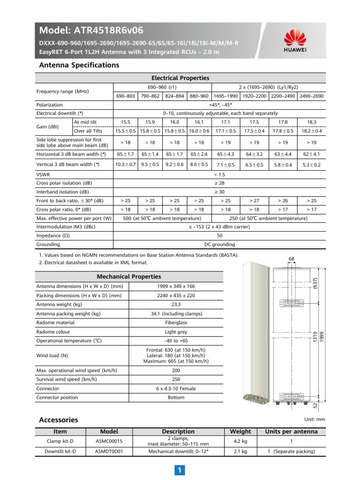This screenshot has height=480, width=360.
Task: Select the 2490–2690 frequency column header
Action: (312, 96)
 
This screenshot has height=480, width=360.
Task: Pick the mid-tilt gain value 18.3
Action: (312, 122)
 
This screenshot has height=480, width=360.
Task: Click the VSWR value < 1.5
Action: (219, 174)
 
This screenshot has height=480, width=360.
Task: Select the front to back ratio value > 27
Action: (254, 201)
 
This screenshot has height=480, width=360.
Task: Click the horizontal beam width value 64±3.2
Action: (254, 153)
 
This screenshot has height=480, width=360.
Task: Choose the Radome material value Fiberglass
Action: (176, 322)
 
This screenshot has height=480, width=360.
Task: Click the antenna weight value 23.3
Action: (176, 304)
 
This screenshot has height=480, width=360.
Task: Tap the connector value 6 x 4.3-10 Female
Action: (176, 389)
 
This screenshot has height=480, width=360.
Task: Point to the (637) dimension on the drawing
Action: (315, 284)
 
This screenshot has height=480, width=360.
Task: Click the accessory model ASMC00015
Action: (109, 441)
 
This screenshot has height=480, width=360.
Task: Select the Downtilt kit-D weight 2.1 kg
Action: (240, 451)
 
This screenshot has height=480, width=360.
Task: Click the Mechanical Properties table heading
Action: (128, 277)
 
